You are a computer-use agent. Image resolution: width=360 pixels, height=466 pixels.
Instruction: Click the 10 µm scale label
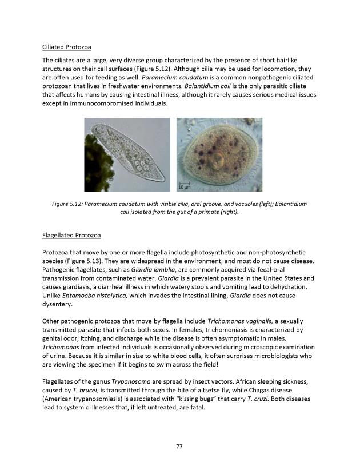point(184,186)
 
